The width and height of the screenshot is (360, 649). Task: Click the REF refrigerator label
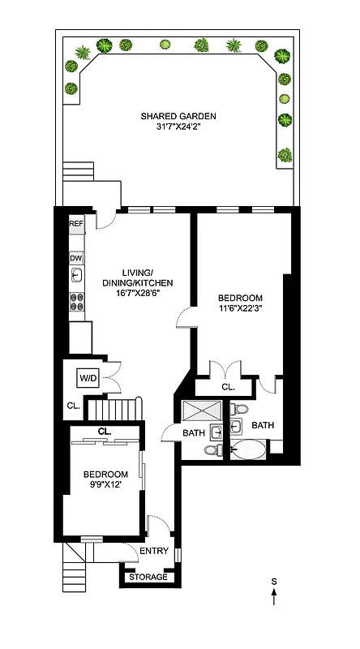76,223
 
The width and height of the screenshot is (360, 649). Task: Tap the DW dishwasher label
76,258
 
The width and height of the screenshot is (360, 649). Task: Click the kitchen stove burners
77,302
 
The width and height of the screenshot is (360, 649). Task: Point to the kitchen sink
76,276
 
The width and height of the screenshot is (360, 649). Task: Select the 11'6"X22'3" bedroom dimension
240,309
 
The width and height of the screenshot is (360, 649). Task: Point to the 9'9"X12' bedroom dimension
105,484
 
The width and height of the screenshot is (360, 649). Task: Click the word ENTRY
153,552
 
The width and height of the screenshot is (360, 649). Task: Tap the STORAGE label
149,577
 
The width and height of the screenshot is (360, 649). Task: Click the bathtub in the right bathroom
251,449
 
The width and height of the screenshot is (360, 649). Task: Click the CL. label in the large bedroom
228,387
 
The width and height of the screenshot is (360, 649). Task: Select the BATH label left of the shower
193,432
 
